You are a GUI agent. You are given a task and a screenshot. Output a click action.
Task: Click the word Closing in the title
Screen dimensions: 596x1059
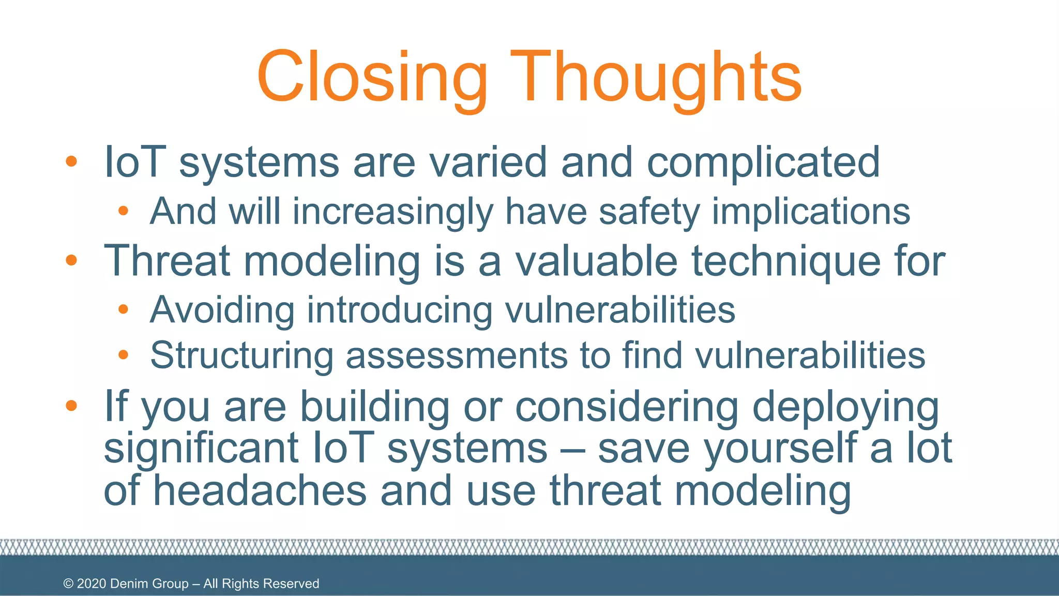372,78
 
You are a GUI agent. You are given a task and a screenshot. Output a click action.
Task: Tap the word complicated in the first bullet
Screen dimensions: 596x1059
763,163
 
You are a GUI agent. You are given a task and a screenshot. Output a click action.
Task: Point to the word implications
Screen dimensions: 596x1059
811,212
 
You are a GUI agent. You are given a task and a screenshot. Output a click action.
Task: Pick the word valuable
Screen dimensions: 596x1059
596,261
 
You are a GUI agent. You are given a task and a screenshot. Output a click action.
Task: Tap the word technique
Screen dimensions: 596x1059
785,262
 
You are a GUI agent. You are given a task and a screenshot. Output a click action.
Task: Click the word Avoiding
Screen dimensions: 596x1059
222,310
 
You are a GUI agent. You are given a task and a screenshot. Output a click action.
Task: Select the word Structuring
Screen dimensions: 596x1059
241,356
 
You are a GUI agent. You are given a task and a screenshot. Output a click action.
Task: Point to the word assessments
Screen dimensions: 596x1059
457,356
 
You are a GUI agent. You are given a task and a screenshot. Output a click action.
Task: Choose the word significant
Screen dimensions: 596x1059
201,449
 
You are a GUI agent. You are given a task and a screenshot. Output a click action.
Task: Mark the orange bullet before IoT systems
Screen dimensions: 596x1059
71,162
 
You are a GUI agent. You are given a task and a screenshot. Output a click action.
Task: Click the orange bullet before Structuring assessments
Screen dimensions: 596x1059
123,355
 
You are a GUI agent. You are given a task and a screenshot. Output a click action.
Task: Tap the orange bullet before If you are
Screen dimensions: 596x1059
71,406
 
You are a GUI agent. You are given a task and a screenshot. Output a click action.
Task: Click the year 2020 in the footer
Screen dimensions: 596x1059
92,584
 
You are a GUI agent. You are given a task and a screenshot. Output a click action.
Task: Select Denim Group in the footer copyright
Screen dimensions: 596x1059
149,584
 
